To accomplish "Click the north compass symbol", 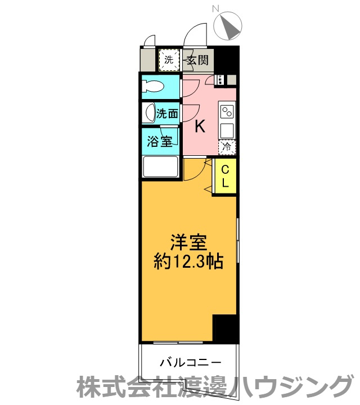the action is (228, 26).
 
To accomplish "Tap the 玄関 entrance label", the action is (197, 60).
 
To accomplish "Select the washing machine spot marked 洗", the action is (169, 60).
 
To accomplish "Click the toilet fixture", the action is (153, 86).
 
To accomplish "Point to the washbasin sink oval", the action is (150, 114).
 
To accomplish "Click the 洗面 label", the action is (168, 114).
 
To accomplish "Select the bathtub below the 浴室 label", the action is (161, 166).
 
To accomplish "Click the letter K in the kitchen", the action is (200, 127).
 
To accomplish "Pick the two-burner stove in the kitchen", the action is (227, 112).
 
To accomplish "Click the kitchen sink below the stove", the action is (227, 130).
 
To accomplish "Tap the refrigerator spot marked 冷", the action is (227, 147).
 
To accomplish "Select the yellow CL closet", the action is (224, 176).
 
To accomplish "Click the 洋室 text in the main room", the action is (189, 242).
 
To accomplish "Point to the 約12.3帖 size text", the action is (188, 262).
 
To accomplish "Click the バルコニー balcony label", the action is (191, 362).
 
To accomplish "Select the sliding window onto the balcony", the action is (178, 343).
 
